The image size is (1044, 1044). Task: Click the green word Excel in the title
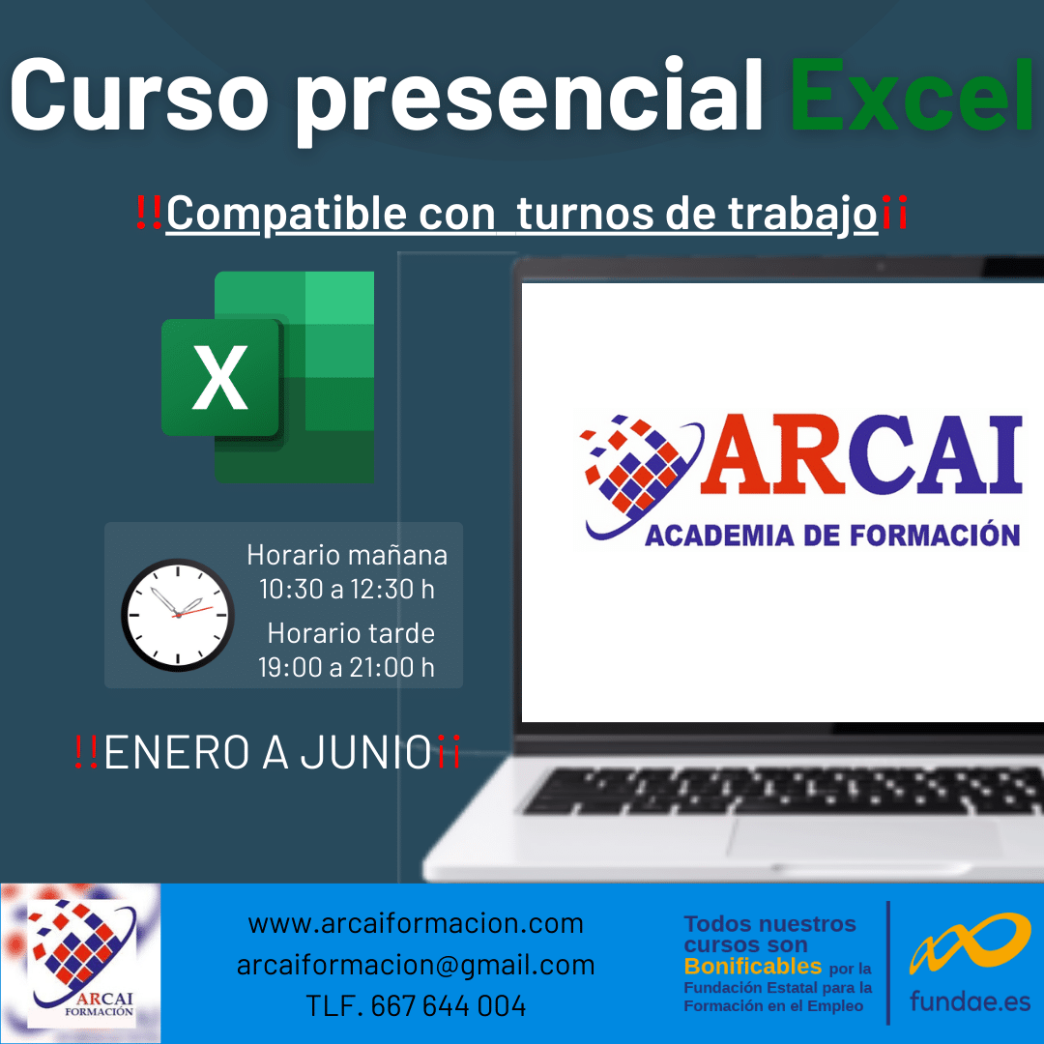(x=911, y=95)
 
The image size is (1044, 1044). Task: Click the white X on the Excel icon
(x=219, y=378)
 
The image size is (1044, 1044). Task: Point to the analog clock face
(x=178, y=615)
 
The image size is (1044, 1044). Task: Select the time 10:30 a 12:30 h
(x=346, y=589)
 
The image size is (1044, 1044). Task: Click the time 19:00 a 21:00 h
(x=346, y=666)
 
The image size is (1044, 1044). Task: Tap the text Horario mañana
(x=347, y=555)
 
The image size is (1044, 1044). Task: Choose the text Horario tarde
(x=351, y=633)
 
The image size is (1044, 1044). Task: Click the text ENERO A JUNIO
(x=268, y=752)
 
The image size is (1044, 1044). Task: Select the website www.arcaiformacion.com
(x=416, y=923)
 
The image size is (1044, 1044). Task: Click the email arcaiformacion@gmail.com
(x=416, y=965)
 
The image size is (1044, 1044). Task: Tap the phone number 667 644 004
(x=449, y=1006)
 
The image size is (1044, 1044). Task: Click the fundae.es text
(x=970, y=1001)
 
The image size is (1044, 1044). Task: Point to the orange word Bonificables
(x=752, y=966)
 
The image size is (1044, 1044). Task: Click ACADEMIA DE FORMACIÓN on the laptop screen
(x=832, y=536)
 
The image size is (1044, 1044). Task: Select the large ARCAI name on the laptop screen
(x=861, y=454)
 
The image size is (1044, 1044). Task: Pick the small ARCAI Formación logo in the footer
(x=80, y=963)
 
